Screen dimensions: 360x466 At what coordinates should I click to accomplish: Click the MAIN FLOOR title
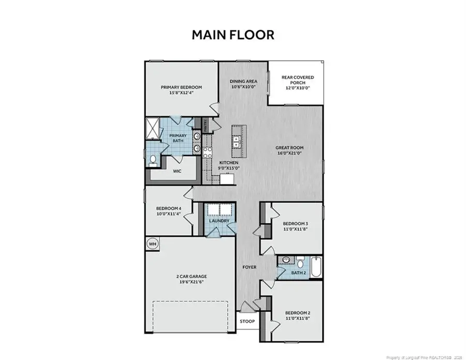coord(232,35)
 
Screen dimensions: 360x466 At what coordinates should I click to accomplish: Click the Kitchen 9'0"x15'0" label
coord(228,165)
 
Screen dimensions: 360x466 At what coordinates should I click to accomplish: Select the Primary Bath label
coord(178,138)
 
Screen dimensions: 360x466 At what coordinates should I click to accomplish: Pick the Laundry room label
coord(219,221)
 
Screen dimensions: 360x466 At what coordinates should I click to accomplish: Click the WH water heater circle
coord(152,243)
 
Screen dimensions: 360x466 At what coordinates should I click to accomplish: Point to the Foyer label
coord(250,267)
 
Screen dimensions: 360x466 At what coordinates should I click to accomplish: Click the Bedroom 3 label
coord(296,226)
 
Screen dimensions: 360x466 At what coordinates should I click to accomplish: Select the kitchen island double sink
coord(236,140)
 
